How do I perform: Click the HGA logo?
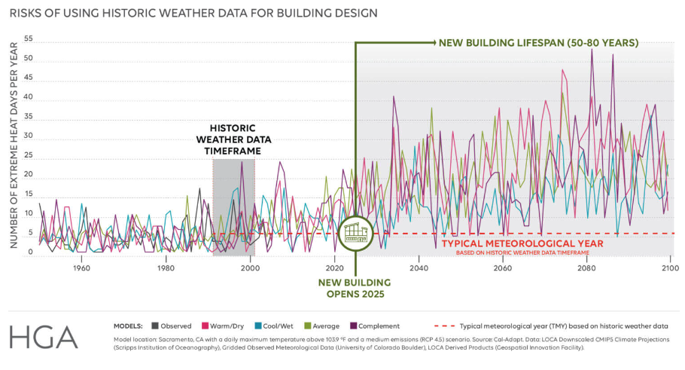[44, 337]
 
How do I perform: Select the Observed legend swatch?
[156, 326]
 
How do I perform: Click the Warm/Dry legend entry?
[221, 326]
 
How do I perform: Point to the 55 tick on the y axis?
[29, 39]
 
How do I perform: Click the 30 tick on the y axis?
[29, 136]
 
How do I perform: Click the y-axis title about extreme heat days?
[13, 145]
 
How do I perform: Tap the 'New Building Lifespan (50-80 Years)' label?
[538, 43]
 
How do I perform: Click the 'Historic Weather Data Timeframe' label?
[234, 139]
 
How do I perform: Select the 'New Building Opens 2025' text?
[352, 287]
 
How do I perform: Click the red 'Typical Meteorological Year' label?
[522, 244]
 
